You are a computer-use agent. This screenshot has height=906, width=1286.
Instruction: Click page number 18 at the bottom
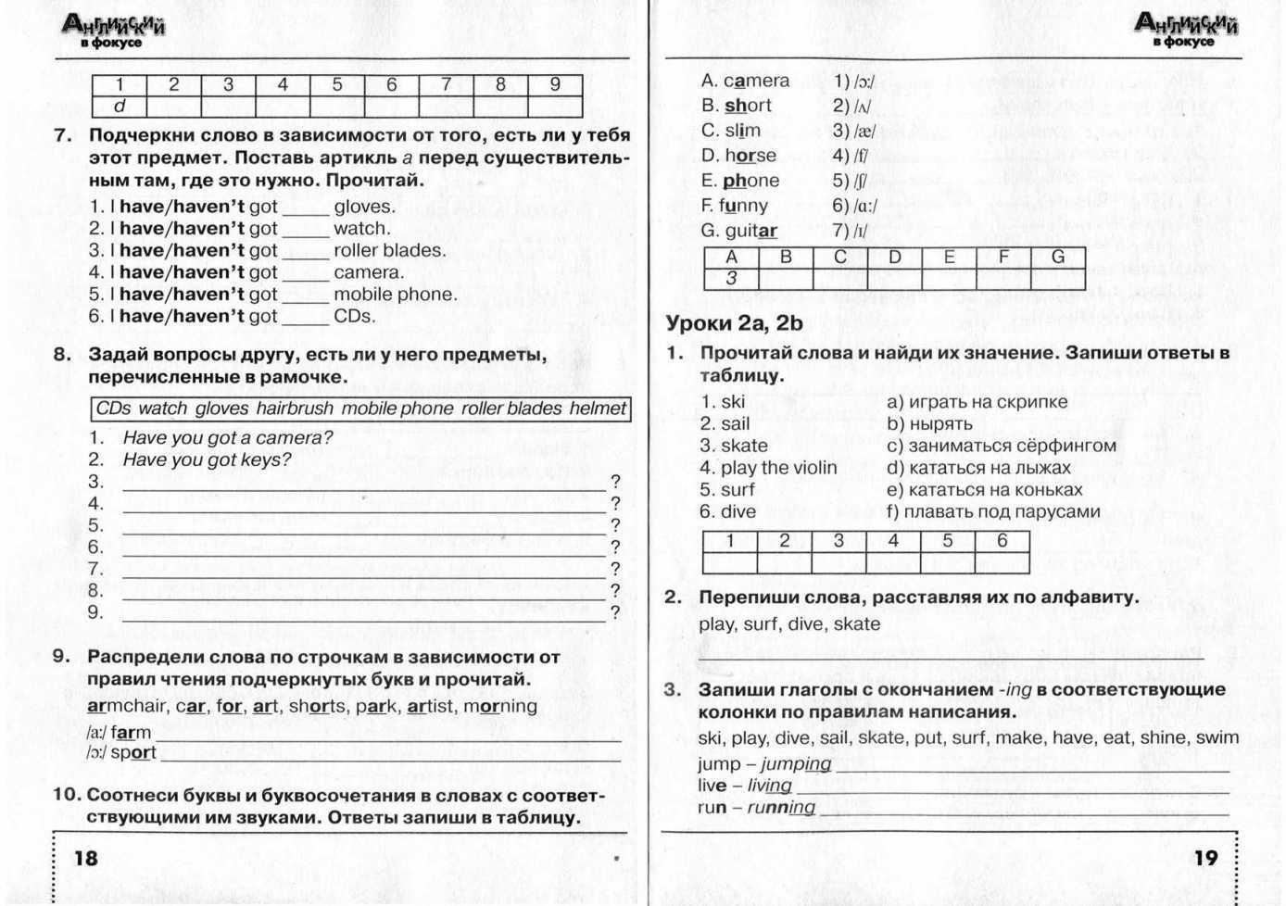(x=85, y=858)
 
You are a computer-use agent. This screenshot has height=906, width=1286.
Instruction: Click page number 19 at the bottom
(x=1205, y=858)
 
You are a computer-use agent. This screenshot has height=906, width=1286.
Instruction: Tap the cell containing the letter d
(x=120, y=107)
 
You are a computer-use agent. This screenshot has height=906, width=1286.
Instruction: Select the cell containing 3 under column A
(x=731, y=278)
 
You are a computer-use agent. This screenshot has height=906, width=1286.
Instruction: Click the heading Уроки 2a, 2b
(x=734, y=323)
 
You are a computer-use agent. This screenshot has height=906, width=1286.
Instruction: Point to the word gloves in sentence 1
(x=364, y=207)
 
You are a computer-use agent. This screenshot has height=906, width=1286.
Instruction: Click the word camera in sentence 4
(x=369, y=272)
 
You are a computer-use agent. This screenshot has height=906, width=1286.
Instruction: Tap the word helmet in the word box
(x=598, y=409)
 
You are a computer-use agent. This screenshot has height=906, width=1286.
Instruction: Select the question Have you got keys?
(x=207, y=459)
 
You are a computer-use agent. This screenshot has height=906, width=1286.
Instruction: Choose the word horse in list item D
(x=750, y=156)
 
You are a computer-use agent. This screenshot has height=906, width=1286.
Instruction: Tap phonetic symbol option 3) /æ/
(x=853, y=132)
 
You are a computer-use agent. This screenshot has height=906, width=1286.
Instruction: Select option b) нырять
(x=929, y=424)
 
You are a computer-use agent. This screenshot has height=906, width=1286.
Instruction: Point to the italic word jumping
(x=796, y=764)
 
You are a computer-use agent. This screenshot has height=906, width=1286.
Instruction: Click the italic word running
(x=781, y=808)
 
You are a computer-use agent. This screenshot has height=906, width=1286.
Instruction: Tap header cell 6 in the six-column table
(x=1002, y=540)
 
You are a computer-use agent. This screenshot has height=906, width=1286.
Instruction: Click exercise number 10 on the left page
(x=67, y=795)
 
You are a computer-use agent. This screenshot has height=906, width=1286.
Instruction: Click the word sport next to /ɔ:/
(x=133, y=753)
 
